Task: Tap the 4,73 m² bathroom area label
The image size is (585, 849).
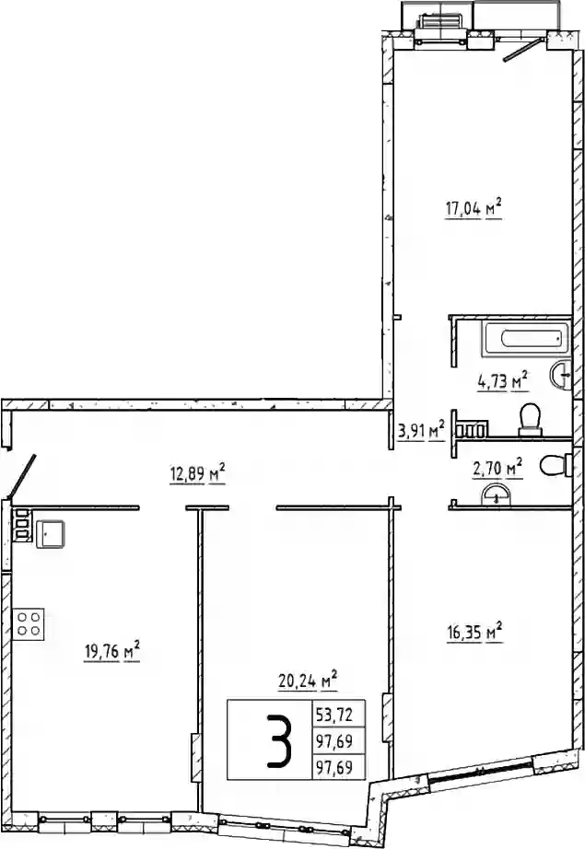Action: point(502,380)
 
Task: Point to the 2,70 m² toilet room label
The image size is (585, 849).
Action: point(497,467)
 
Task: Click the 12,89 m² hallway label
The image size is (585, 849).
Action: point(196,474)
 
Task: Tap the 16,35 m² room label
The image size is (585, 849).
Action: point(474,632)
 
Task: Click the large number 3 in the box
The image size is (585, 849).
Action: point(279,740)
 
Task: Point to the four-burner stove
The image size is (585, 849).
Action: point(29,623)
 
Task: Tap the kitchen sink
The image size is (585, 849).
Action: point(51,534)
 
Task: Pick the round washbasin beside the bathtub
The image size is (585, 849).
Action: point(561,375)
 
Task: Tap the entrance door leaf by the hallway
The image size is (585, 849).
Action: point(22,475)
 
